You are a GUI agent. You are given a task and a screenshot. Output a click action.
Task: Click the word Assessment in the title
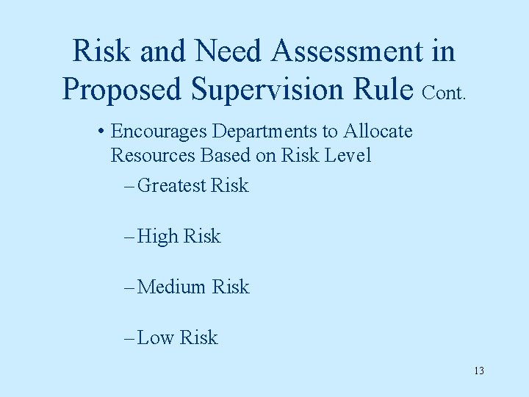click(x=348, y=51)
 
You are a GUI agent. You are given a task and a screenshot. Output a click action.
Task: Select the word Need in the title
click(x=228, y=51)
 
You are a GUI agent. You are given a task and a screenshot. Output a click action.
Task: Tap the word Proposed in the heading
click(x=122, y=89)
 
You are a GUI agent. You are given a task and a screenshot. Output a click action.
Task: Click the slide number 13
click(x=478, y=371)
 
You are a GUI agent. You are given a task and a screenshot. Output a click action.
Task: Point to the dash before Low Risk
click(x=129, y=338)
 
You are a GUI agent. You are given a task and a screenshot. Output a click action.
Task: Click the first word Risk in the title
click(x=101, y=51)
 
